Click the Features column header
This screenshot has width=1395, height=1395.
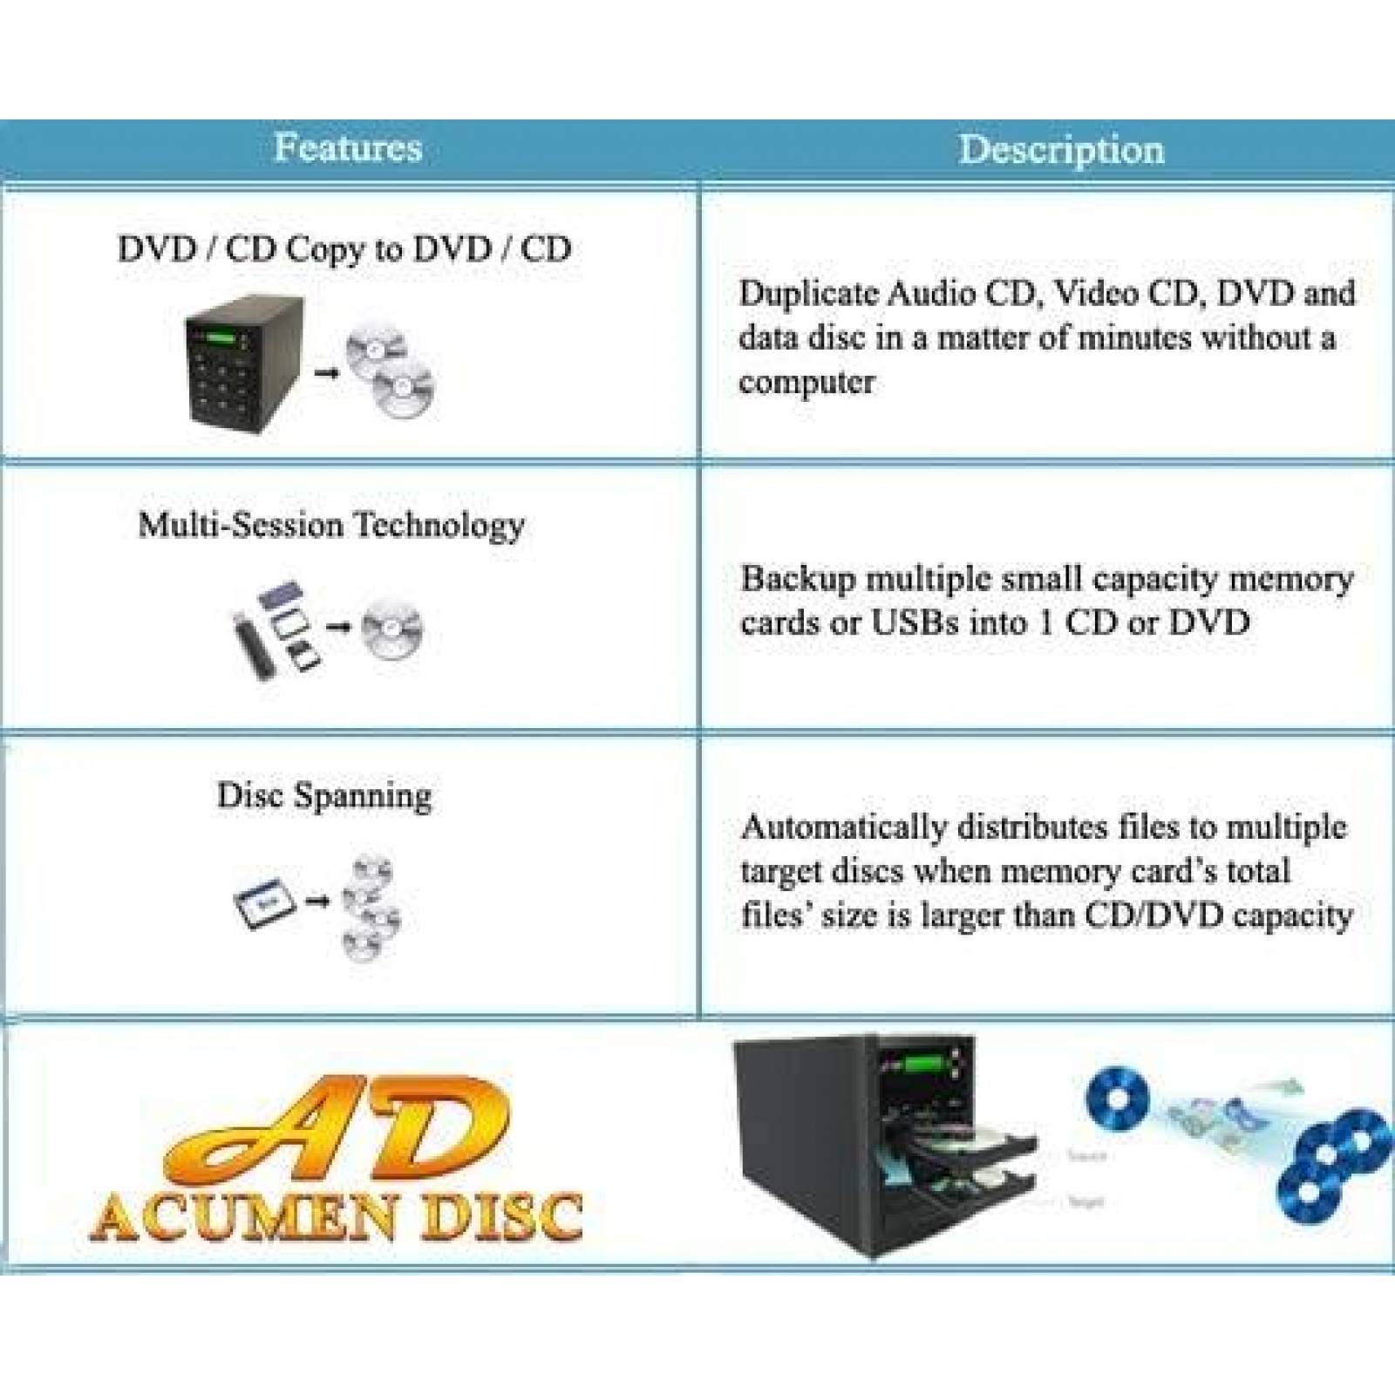click(348, 147)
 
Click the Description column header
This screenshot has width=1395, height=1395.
click(1061, 149)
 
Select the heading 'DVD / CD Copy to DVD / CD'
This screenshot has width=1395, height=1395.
click(344, 249)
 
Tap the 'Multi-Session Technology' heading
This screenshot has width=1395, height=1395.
click(331, 525)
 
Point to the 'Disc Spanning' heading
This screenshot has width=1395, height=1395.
click(324, 796)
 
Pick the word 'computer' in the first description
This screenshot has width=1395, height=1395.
click(806, 382)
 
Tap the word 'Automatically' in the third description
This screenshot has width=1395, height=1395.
click(842, 827)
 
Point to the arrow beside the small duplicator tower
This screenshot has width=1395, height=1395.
click(326, 373)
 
